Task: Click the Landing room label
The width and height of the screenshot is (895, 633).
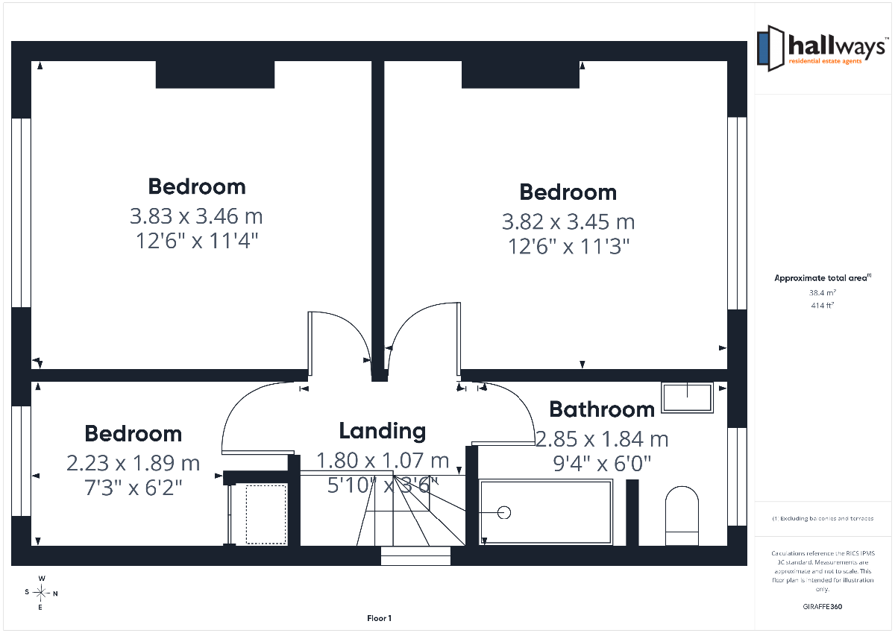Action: point(383,432)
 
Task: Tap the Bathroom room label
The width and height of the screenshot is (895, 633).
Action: point(602,409)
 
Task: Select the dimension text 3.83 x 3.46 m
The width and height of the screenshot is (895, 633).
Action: point(196,216)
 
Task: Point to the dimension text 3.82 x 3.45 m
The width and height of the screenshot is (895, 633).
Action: point(568,221)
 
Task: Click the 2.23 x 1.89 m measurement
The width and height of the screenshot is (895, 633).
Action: point(133,463)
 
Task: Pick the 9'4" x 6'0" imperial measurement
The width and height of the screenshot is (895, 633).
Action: point(602,464)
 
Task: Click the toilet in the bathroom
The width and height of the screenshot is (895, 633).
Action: point(682,516)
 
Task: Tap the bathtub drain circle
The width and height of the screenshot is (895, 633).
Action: point(504,512)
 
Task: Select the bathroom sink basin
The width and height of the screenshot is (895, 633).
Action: point(687,398)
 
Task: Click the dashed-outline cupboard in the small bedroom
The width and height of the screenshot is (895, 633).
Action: point(266,514)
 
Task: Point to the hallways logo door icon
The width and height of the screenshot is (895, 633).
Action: point(770,48)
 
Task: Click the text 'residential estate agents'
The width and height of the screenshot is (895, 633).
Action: point(825,61)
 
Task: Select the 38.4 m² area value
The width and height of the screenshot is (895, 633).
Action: point(822,293)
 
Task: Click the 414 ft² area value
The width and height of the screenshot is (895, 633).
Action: point(822,306)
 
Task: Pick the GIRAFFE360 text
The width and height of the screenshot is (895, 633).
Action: point(822,607)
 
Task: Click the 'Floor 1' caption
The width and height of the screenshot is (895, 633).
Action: point(379,618)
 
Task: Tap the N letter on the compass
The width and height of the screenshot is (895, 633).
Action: point(55,593)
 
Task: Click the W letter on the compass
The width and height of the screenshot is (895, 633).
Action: point(42,579)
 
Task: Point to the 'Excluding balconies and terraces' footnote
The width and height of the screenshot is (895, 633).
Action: point(823,518)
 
